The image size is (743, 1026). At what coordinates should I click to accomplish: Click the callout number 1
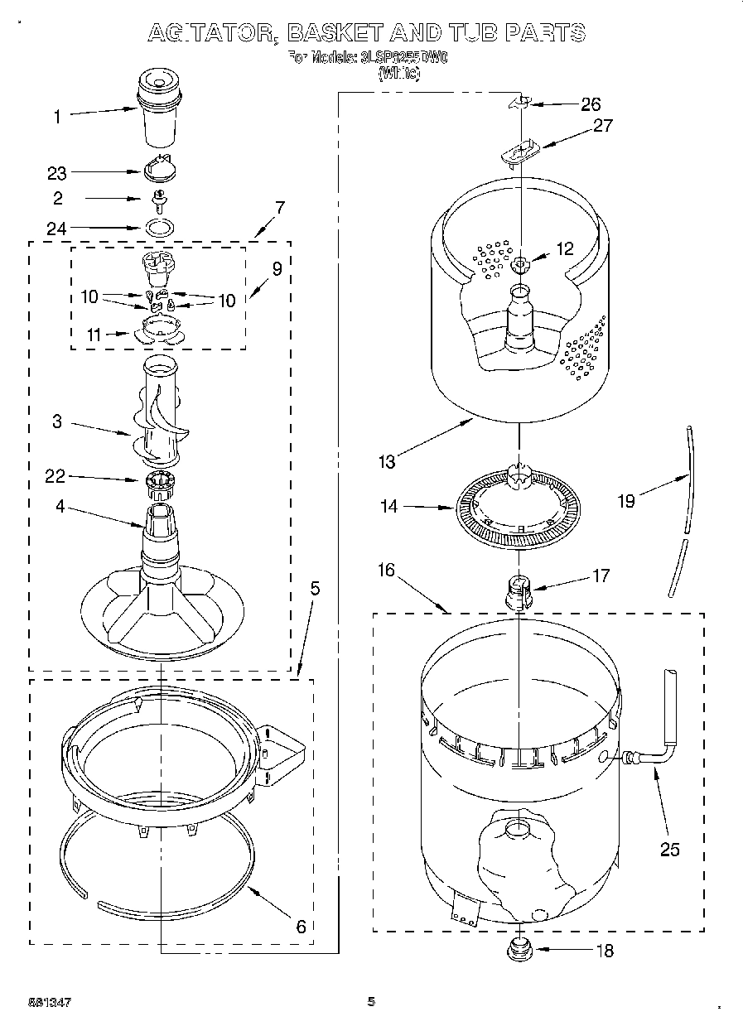(x=57, y=117)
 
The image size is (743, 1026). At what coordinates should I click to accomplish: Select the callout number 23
(x=56, y=173)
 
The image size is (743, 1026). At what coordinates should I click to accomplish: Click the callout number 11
(x=94, y=335)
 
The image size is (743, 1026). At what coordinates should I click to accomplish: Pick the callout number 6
(x=301, y=926)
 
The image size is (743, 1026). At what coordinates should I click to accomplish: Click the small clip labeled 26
(x=519, y=102)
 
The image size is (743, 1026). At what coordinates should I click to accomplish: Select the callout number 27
(x=602, y=125)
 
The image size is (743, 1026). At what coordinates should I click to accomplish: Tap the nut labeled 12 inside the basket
(x=519, y=265)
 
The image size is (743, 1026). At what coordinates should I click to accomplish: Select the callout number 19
(x=626, y=500)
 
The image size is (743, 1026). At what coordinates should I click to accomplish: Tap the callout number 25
(x=669, y=849)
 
